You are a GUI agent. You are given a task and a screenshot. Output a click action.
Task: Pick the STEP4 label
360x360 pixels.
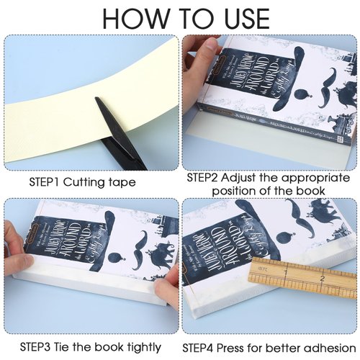pyautogui.click(x=201, y=348)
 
